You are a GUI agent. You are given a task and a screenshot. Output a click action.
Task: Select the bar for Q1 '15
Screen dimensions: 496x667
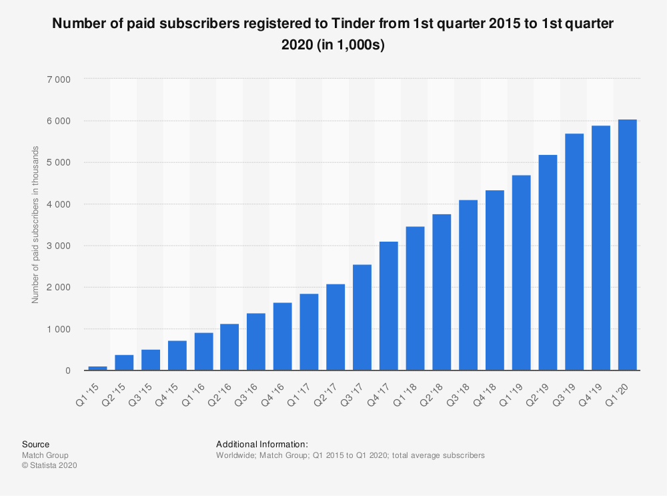point(97,368)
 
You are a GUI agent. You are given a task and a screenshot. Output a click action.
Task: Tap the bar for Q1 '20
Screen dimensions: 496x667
point(627,245)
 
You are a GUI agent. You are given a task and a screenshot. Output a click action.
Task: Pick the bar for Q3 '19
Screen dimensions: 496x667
point(574,252)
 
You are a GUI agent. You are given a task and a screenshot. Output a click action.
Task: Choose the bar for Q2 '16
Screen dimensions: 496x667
point(229,347)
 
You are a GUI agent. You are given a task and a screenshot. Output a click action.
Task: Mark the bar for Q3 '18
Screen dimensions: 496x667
point(468,285)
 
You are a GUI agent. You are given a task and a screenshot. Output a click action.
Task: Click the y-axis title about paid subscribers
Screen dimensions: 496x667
point(35,224)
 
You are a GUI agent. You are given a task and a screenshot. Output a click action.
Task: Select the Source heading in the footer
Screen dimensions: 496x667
point(35,444)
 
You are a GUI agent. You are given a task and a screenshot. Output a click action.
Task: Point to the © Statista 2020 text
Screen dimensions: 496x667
point(49,466)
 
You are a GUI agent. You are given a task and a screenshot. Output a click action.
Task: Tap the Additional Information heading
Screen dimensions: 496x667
point(261,444)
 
